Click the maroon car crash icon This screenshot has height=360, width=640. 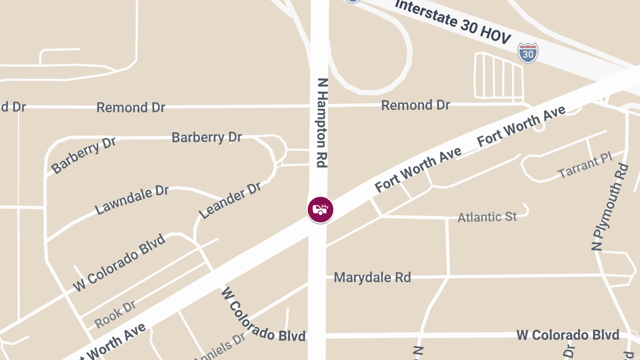point(320,210)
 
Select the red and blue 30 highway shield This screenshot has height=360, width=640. point(527,53)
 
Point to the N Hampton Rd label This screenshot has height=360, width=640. point(322,123)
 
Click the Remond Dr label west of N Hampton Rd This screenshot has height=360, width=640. point(131,107)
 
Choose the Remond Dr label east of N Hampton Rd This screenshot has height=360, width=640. point(415,105)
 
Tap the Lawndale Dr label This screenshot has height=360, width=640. point(132,200)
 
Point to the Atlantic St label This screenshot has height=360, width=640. point(487,217)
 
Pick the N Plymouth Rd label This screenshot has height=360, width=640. point(610,207)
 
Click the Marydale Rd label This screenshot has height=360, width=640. point(372,277)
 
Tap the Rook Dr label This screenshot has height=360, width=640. point(115,314)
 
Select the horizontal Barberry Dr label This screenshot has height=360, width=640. point(206,137)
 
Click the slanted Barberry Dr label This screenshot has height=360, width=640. point(83,155)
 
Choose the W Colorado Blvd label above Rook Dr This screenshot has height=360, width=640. point(119,262)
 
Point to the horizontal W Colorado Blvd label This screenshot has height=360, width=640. point(567,335)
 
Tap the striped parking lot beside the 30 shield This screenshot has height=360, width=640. point(498,76)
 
